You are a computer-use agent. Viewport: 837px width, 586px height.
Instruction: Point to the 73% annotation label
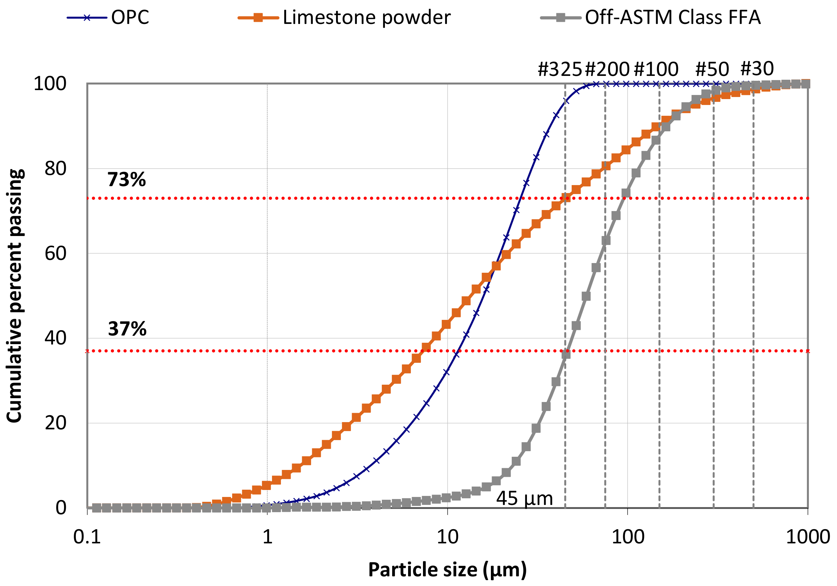[126, 180]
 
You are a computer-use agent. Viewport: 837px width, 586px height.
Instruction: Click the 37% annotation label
[127, 329]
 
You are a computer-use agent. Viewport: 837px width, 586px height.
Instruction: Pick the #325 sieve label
[560, 69]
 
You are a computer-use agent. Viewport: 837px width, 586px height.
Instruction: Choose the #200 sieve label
[607, 69]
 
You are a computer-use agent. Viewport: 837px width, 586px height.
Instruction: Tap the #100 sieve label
[656, 69]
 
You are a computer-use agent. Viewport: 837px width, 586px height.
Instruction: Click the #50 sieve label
[712, 69]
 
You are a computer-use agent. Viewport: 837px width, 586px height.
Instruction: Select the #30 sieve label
[757, 68]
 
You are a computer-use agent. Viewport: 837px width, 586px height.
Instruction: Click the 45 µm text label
[524, 498]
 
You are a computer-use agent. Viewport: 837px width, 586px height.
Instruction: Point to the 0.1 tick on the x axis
[87, 537]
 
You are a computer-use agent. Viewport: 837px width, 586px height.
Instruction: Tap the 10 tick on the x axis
[447, 537]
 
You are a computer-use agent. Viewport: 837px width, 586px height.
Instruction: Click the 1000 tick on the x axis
[808, 537]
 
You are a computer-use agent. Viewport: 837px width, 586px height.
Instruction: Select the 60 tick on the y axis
[55, 253]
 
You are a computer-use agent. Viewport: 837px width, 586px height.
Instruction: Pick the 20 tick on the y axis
[55, 423]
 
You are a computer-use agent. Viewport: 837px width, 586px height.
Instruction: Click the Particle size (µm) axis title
[447, 570]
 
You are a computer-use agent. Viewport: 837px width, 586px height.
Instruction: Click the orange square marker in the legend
[258, 18]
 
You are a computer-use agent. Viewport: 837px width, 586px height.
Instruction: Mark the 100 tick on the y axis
[50, 84]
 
